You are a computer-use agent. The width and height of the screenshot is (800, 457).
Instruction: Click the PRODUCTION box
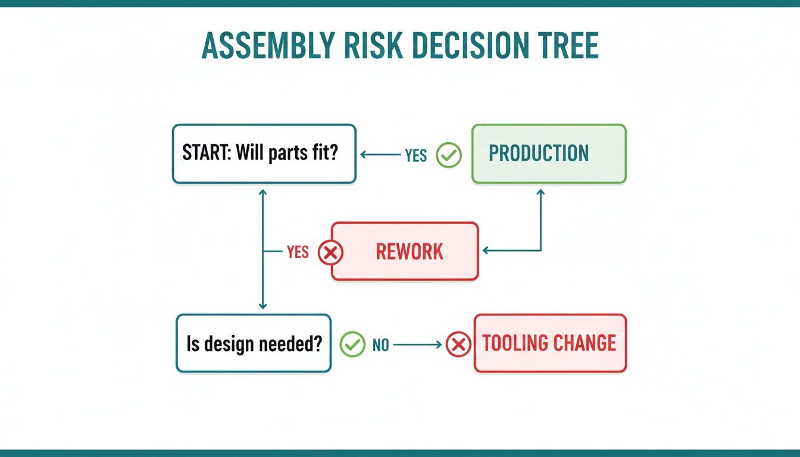[x=549, y=154]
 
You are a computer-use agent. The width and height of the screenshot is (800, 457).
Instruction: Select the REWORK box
[x=405, y=251]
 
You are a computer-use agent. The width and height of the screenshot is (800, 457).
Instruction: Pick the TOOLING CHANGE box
[x=550, y=343]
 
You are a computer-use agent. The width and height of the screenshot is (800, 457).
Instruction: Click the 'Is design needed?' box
[x=254, y=343]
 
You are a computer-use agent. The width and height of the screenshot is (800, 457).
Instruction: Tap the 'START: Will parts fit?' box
[x=264, y=154]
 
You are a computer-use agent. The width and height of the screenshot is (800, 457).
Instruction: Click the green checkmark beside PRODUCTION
[x=449, y=155]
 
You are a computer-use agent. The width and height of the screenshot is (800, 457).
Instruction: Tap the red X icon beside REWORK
[x=330, y=252]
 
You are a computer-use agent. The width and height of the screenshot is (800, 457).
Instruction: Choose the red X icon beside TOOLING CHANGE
[x=458, y=344]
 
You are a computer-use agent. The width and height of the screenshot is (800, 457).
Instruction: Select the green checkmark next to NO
[x=352, y=345]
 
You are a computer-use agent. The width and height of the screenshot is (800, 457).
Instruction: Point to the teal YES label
[x=415, y=155]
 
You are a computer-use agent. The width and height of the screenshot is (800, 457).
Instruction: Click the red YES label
[x=297, y=252]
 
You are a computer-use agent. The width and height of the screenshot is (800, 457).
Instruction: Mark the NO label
[x=380, y=345]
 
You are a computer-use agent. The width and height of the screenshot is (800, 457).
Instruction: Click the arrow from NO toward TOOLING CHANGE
[x=417, y=345]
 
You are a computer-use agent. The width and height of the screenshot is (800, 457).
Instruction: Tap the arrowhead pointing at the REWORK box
[x=486, y=251]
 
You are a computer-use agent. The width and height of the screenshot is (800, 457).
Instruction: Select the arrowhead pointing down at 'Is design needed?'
[x=262, y=306]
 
